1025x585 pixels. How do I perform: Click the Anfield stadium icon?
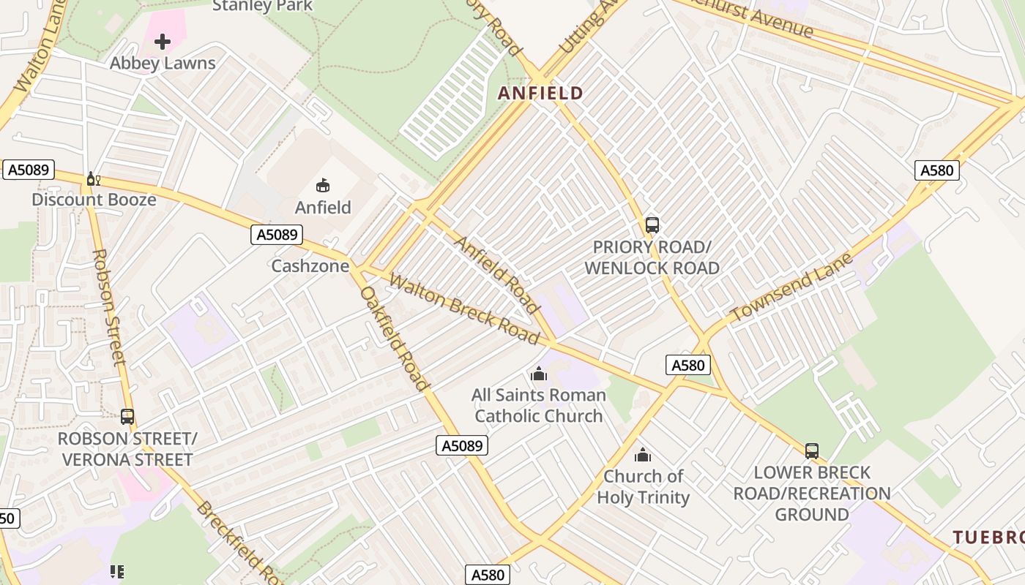click(322, 185)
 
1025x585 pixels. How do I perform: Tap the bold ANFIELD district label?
click(540, 93)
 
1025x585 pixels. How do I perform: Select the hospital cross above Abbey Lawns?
click(163, 42)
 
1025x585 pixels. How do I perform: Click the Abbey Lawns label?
click(163, 63)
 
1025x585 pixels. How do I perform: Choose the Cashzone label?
click(310, 265)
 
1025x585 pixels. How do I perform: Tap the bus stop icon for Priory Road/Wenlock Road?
click(652, 225)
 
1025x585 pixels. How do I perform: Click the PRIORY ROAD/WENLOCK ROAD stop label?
click(652, 257)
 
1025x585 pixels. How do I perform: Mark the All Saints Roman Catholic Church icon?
click(539, 374)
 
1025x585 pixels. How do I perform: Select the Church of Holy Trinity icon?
click(643, 456)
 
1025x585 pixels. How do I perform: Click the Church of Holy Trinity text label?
click(643, 487)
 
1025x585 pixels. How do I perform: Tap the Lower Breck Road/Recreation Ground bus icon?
click(811, 451)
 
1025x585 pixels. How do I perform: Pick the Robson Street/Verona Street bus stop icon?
click(127, 417)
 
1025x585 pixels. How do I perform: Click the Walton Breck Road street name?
click(464, 309)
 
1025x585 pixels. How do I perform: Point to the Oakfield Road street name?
click(395, 338)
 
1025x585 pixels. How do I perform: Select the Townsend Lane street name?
click(792, 287)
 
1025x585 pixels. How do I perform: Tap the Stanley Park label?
click(262, 6)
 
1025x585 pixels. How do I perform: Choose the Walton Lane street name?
click(34, 58)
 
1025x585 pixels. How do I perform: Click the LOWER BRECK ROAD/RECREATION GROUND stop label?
click(811, 494)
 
